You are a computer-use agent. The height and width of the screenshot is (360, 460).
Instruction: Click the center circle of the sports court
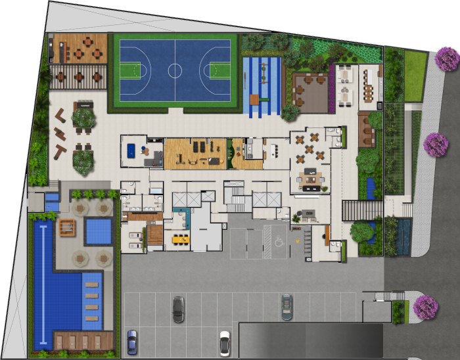(175, 68)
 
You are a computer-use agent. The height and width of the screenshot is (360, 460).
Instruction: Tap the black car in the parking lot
(178, 309)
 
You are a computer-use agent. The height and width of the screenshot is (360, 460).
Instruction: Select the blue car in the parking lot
(132, 342)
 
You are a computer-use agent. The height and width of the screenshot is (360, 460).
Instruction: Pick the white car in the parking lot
(225, 342)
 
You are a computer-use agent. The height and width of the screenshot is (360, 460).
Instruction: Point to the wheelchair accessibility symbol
(279, 242)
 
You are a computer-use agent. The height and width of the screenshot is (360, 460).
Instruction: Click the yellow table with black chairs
(179, 239)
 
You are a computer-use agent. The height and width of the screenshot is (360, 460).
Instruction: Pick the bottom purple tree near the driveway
(425, 307)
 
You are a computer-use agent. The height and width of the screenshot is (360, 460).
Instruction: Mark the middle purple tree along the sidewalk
(435, 145)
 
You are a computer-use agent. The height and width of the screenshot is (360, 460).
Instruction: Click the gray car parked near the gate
(287, 307)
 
